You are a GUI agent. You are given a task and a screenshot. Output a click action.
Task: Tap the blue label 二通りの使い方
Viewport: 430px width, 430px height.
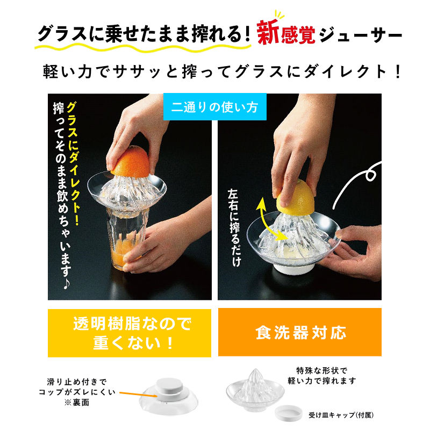click(x=214, y=106)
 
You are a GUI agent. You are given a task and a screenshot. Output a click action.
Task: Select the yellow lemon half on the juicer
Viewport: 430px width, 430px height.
click(x=296, y=197)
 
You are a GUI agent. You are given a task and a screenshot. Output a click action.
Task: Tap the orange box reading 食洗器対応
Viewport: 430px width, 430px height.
click(x=300, y=332)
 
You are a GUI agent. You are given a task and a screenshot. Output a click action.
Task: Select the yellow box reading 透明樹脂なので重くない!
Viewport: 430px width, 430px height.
click(x=130, y=333)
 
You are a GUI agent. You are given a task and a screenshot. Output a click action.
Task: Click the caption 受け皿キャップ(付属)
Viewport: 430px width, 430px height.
click(x=341, y=415)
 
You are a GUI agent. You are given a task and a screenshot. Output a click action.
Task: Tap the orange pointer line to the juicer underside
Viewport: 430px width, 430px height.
click(x=138, y=395)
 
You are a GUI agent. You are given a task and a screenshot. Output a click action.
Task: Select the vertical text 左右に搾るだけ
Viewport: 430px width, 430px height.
click(x=234, y=227)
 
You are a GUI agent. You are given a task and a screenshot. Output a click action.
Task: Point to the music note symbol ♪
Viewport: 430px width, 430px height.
click(x=66, y=284)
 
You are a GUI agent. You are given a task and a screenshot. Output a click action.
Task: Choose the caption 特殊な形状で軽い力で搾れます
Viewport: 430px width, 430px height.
click(x=321, y=376)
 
